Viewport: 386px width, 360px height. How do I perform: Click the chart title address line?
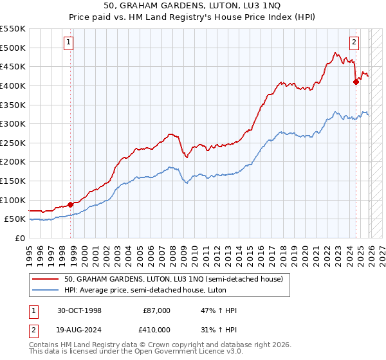coord(192,6)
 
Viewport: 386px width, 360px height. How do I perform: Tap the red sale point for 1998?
coord(70,204)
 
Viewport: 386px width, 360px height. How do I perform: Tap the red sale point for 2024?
coord(356,82)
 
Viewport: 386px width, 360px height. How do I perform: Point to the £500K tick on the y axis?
coord(13,48)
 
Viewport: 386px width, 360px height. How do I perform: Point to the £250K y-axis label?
coord(13,143)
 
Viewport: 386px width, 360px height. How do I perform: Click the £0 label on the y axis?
coord(19,238)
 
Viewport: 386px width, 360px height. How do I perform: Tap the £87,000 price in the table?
coord(157,310)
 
